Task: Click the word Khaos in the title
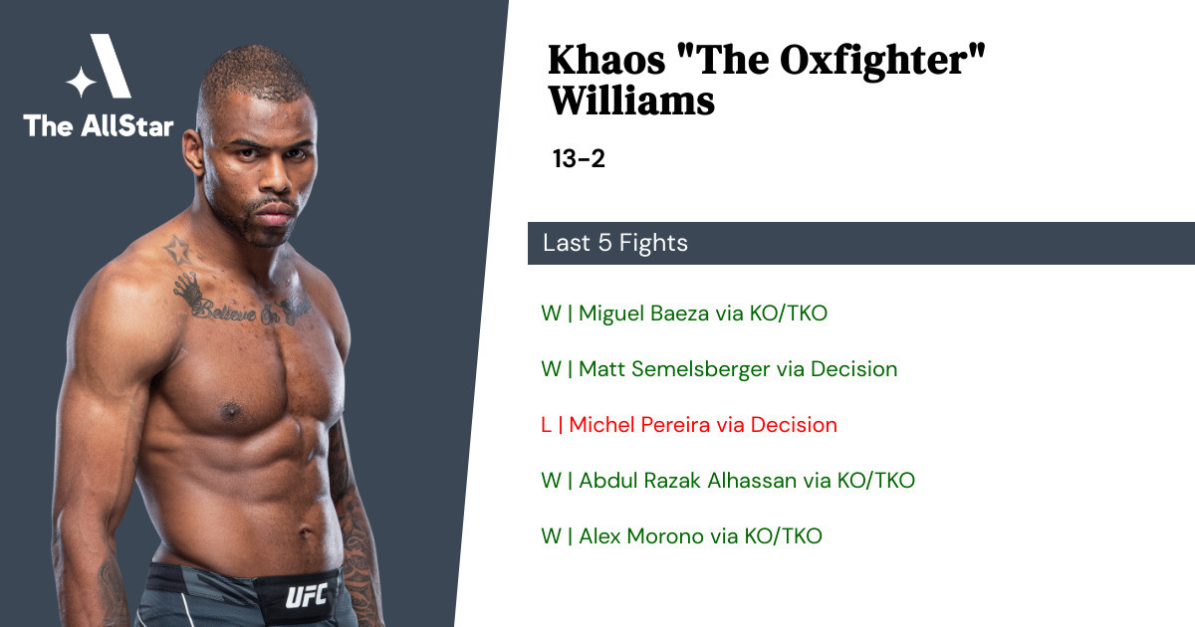pyautogui.click(x=606, y=60)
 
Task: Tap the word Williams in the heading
pyautogui.click(x=631, y=101)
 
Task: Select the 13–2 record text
pyautogui.click(x=579, y=158)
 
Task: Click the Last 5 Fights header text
pyautogui.click(x=615, y=243)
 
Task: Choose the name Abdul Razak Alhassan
pyautogui.click(x=688, y=481)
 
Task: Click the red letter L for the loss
pyautogui.click(x=546, y=425)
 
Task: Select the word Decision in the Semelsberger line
pyautogui.click(x=854, y=369)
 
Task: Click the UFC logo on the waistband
pyautogui.click(x=307, y=595)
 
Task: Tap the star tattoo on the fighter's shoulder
pyautogui.click(x=178, y=249)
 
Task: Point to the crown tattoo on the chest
pyautogui.click(x=188, y=290)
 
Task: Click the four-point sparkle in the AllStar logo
pyautogui.click(x=81, y=82)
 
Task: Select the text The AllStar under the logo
pyautogui.click(x=99, y=125)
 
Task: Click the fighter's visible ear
pyautogui.click(x=193, y=151)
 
